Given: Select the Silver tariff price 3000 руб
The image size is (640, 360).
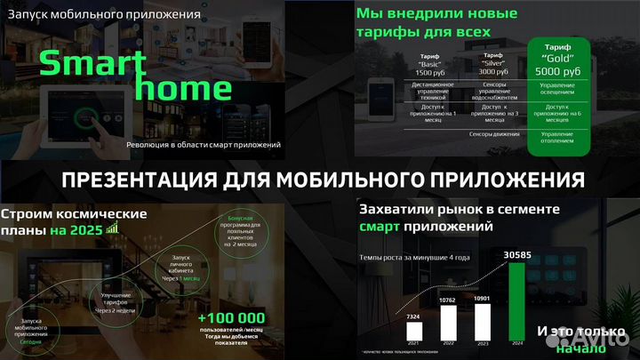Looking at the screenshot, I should pos(495,70).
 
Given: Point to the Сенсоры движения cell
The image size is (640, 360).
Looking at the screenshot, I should pos(495,135).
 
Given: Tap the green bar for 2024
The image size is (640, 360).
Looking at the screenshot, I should pos(516,303).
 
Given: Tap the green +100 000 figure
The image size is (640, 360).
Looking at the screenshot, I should pos(231,317).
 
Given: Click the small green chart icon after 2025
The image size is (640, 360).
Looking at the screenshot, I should pos(113,228).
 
